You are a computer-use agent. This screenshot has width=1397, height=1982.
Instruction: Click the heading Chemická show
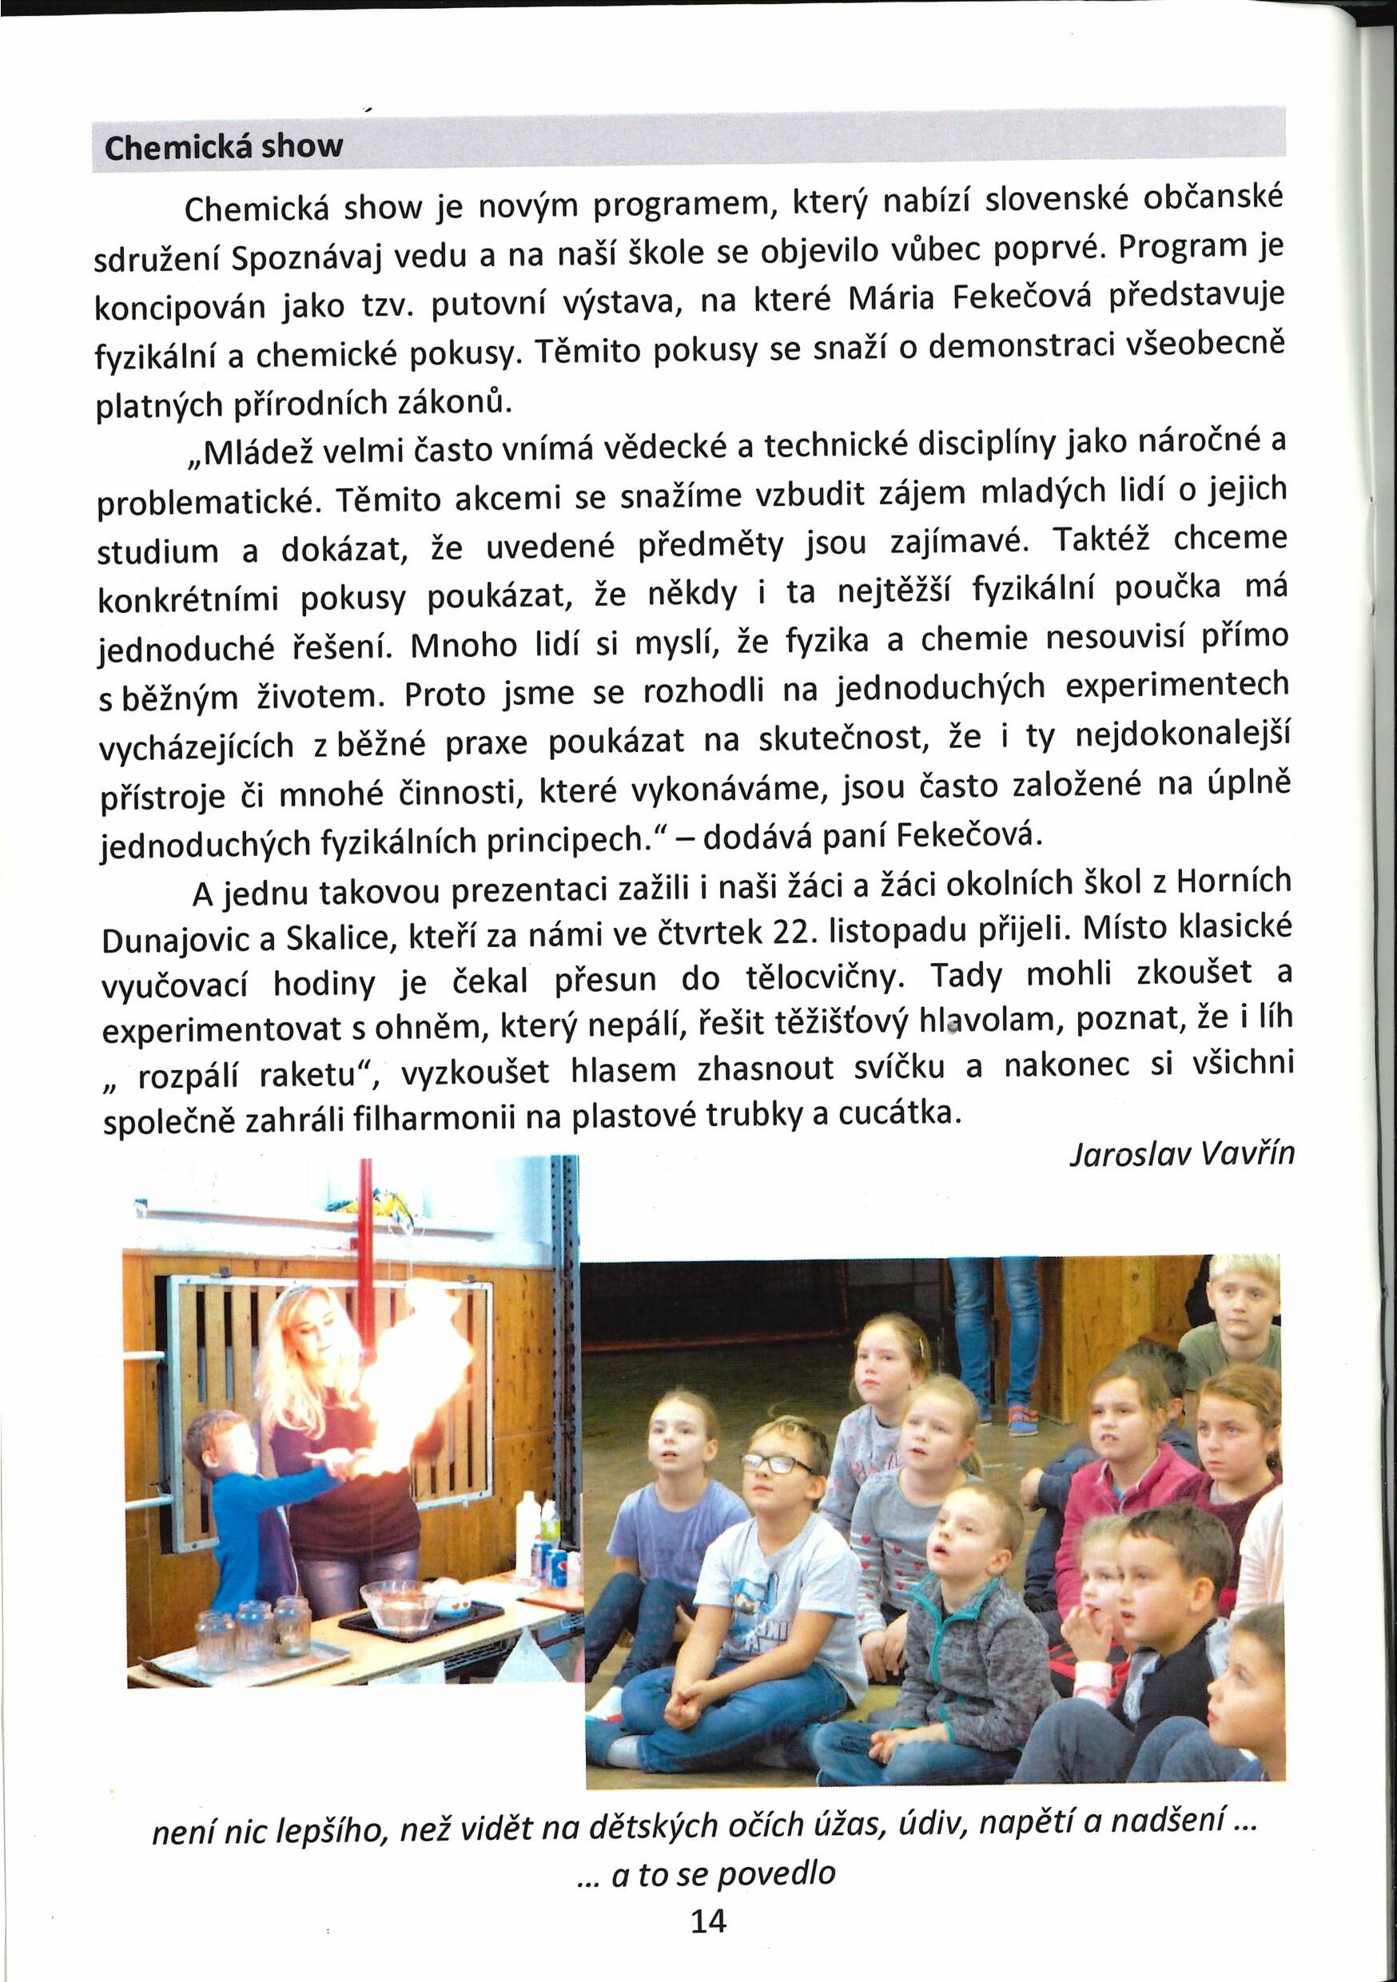click(223, 147)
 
